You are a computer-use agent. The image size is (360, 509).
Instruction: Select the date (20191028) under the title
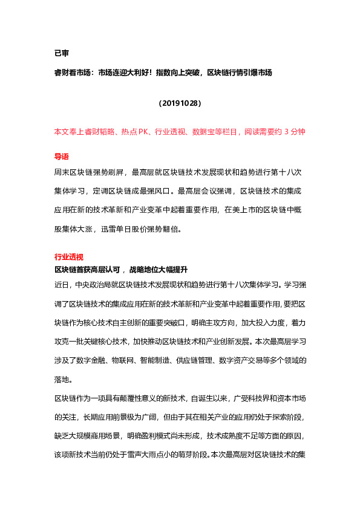(x=180, y=103)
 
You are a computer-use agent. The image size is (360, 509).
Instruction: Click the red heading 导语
(x=62, y=156)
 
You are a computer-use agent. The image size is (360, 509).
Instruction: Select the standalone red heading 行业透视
(x=69, y=256)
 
